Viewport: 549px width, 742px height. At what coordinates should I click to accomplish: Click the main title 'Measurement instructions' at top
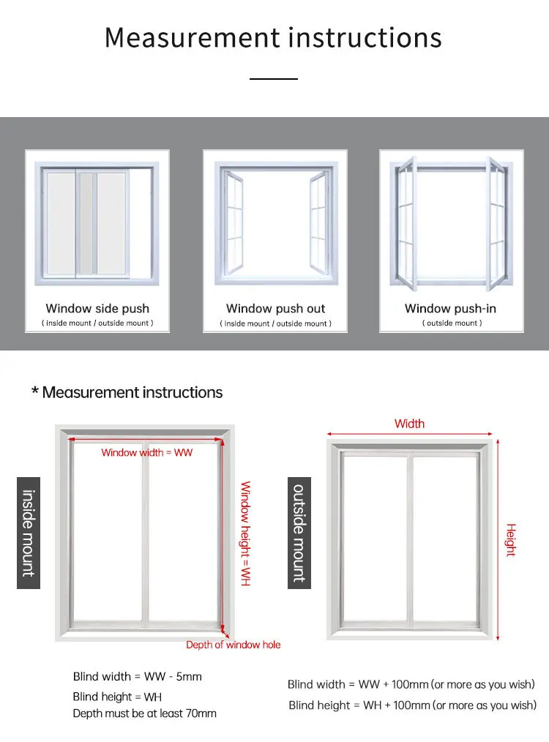pos(273,37)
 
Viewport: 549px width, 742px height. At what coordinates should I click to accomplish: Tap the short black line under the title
pos(274,78)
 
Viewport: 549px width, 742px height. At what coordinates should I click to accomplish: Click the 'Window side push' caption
pos(97,309)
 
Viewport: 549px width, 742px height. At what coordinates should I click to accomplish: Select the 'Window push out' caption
pos(275,309)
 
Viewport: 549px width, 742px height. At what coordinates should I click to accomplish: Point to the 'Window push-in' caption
pos(450,309)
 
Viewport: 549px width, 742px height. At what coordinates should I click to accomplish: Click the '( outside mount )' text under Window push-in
pos(451,323)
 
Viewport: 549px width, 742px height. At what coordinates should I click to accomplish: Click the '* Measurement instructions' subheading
pos(127,392)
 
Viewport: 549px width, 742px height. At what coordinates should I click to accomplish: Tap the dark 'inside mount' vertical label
pos(29,533)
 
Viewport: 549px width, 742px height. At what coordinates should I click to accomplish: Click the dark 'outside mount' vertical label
pos(299,533)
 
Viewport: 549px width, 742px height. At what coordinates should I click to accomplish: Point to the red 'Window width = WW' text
pos(146,453)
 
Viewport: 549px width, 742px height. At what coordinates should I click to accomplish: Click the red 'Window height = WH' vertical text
pos(246,533)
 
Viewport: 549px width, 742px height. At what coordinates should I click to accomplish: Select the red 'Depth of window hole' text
pos(233,645)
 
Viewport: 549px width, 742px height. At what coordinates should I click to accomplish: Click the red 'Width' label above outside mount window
pos(409,424)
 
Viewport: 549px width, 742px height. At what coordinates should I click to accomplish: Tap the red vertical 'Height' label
pos(511,540)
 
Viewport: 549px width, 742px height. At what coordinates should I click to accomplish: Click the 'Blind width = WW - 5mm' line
pos(137,677)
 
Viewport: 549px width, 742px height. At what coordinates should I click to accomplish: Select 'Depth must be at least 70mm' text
pos(144,713)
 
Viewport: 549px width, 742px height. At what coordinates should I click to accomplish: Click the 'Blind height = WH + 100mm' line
pos(412,705)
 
